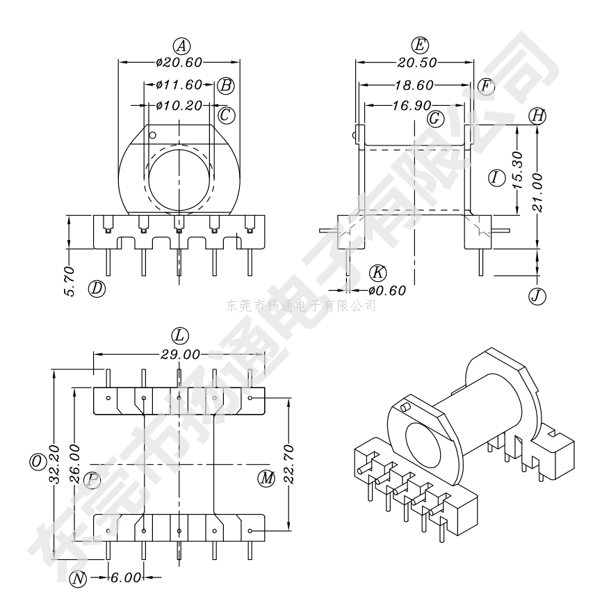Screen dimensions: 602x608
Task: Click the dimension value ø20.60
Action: pos(179,62)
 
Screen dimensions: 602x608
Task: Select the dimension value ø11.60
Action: pos(179,84)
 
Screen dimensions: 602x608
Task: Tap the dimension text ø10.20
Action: pos(179,105)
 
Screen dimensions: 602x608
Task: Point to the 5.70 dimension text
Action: pos(70,281)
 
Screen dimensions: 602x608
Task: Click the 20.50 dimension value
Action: pos(417,63)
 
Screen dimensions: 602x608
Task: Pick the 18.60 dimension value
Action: pos(414,85)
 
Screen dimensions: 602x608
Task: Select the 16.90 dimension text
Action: pos(412,105)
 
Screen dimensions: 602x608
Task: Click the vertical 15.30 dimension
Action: pos(519,170)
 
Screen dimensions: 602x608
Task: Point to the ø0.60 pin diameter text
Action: pos(387,290)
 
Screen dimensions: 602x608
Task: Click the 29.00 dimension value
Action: pos(181,354)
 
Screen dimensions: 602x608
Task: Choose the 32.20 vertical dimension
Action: pos(54,464)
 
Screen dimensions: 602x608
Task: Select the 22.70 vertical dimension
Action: pos(289,464)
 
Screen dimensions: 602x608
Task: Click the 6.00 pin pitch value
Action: pos(127,577)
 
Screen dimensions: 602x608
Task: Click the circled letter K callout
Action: pos(377,273)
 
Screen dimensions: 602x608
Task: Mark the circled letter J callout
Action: pos(537,296)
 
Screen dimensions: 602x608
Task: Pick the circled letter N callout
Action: pos(78,579)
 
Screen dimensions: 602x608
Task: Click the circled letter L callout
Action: pos(180,336)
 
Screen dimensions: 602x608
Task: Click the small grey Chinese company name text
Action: pos(300,306)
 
